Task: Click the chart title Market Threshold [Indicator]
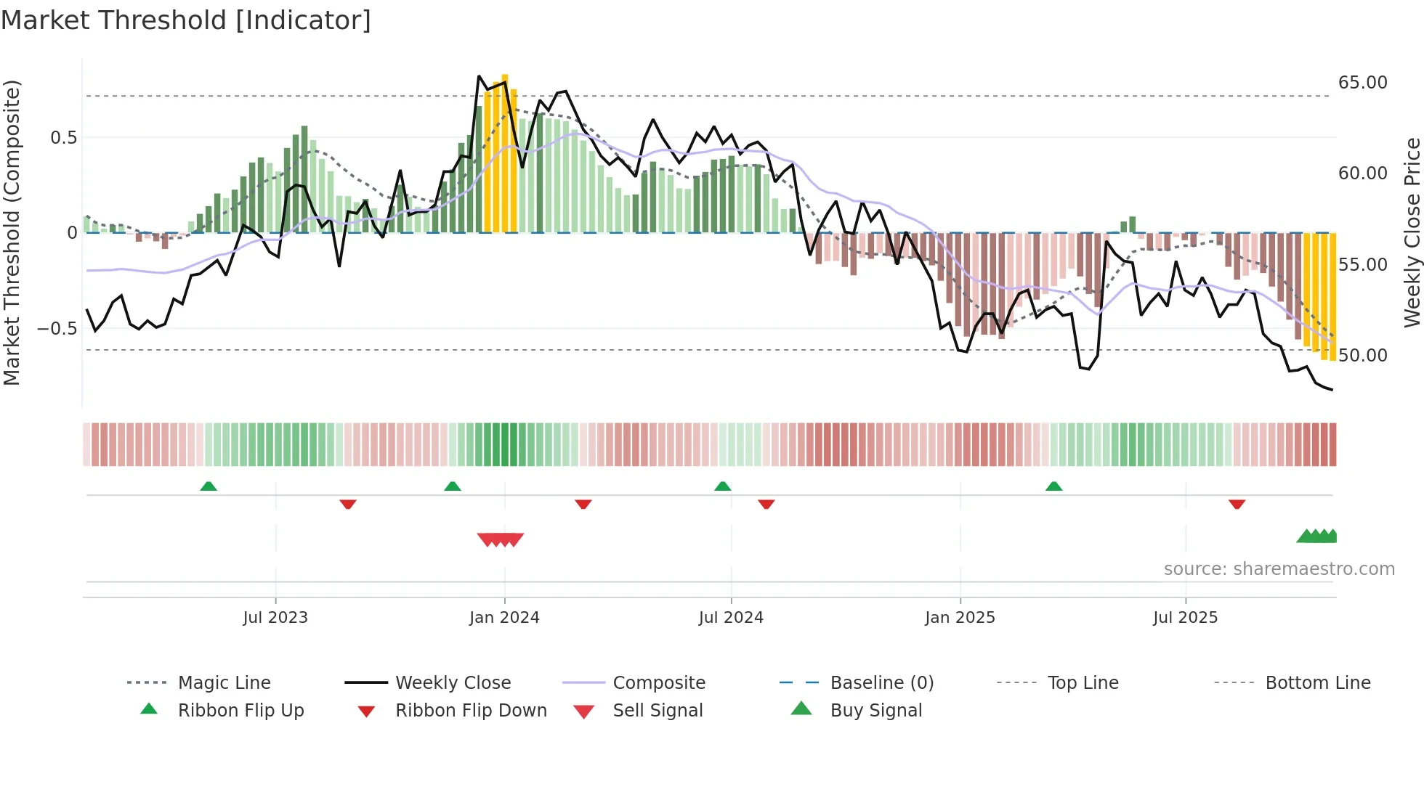(186, 20)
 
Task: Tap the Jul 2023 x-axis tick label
(275, 618)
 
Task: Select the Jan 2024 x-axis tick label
(504, 618)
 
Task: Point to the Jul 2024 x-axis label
(731, 618)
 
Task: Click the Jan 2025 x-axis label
(960, 618)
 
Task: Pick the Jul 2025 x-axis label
(1185, 618)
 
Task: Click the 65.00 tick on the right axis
(1362, 83)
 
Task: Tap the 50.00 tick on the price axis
(1362, 356)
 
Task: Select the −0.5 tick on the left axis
(57, 329)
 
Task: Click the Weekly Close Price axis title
(1412, 232)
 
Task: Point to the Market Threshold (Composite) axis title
(12, 232)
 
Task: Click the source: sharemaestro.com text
(1279, 569)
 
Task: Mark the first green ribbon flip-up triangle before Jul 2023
(209, 486)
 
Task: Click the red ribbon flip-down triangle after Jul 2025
(1237, 504)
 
